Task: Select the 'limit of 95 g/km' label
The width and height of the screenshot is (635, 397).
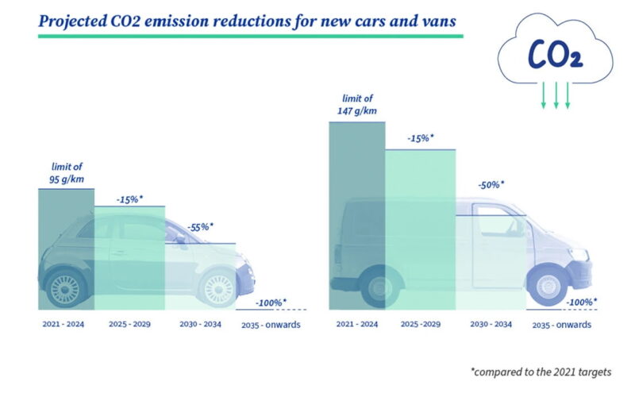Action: click(x=67, y=172)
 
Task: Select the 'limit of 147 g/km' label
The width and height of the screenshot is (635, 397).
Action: click(x=357, y=105)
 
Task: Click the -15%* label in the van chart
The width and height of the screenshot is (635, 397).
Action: click(x=420, y=138)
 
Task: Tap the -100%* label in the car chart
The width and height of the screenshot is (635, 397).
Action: click(x=271, y=303)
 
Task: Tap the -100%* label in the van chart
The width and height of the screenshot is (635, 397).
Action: click(x=581, y=302)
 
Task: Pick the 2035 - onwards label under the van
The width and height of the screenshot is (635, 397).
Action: click(x=560, y=325)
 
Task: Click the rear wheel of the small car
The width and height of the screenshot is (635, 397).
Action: click(x=67, y=287)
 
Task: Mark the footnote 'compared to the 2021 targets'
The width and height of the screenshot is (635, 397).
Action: click(x=541, y=372)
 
